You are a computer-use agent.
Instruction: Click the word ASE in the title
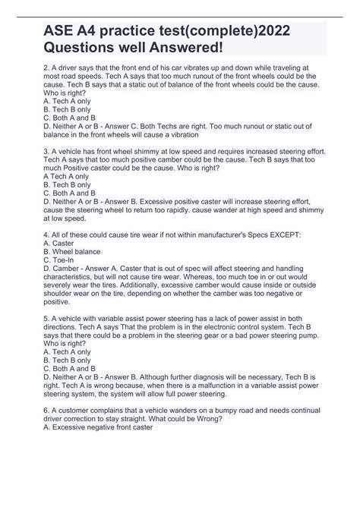pyautogui.click(x=51, y=36)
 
